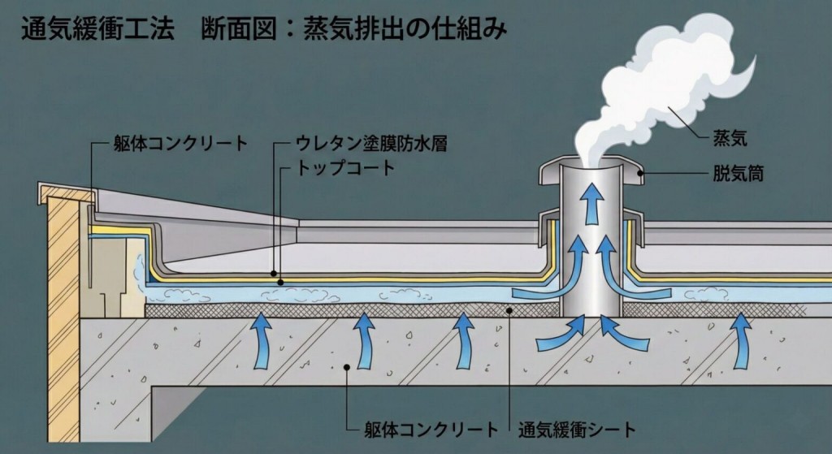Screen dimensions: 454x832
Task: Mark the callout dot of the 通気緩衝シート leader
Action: pyautogui.click(x=509, y=309)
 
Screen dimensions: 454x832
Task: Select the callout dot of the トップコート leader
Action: pyautogui.click(x=281, y=282)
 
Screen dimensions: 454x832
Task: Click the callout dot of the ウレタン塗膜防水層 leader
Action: pyautogui.click(x=274, y=274)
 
